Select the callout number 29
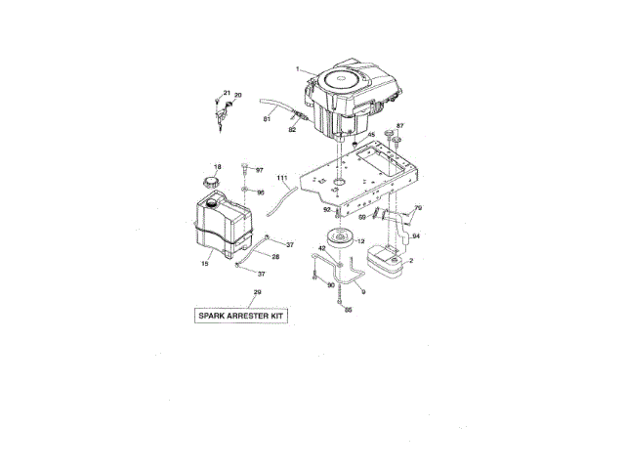(x=257, y=293)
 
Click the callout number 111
(x=282, y=178)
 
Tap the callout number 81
(x=266, y=119)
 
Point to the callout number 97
(x=260, y=170)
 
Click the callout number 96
(x=260, y=192)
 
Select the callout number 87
(x=399, y=126)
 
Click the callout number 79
(x=418, y=208)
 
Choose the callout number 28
(x=275, y=256)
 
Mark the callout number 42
(x=320, y=249)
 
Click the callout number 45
(x=371, y=134)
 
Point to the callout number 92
(x=326, y=208)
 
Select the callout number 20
(x=237, y=96)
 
